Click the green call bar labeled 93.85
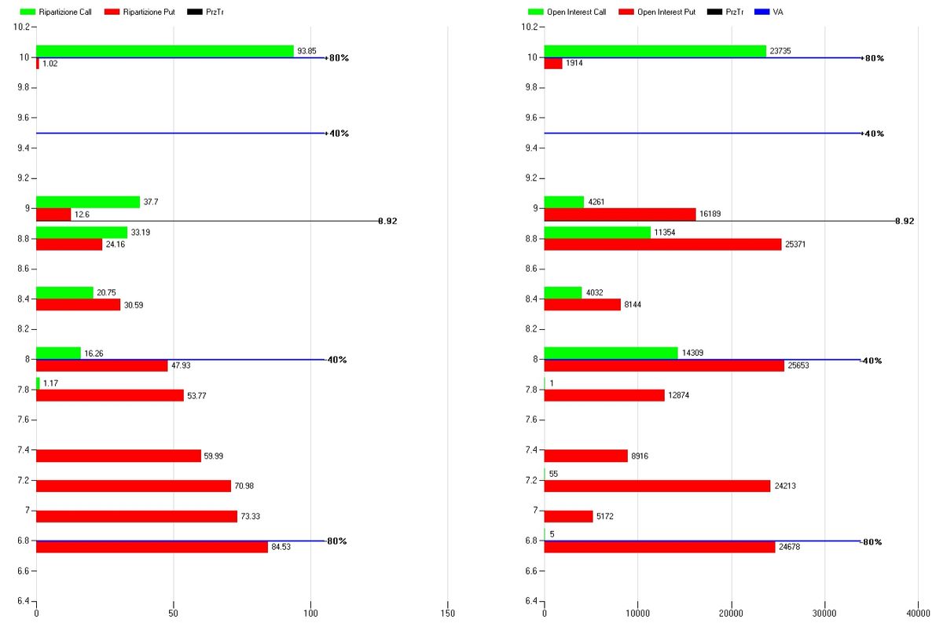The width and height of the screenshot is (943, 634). tap(165, 51)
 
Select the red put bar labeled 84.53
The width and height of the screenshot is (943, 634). tap(152, 547)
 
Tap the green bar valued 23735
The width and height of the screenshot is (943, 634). tap(655, 51)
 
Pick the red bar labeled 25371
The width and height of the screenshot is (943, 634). tap(662, 244)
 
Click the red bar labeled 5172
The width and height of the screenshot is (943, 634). tap(568, 516)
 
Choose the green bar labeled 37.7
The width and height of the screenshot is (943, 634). tap(88, 202)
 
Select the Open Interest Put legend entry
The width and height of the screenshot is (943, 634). tap(656, 13)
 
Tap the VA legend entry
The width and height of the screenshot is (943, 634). tap(771, 13)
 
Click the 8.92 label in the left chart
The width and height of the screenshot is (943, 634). tap(387, 222)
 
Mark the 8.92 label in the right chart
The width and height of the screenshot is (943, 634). tap(904, 222)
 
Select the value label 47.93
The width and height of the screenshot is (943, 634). tap(182, 366)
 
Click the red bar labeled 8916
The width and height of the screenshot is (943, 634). tap(585, 456)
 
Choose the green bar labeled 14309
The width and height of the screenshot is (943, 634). tap(611, 353)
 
